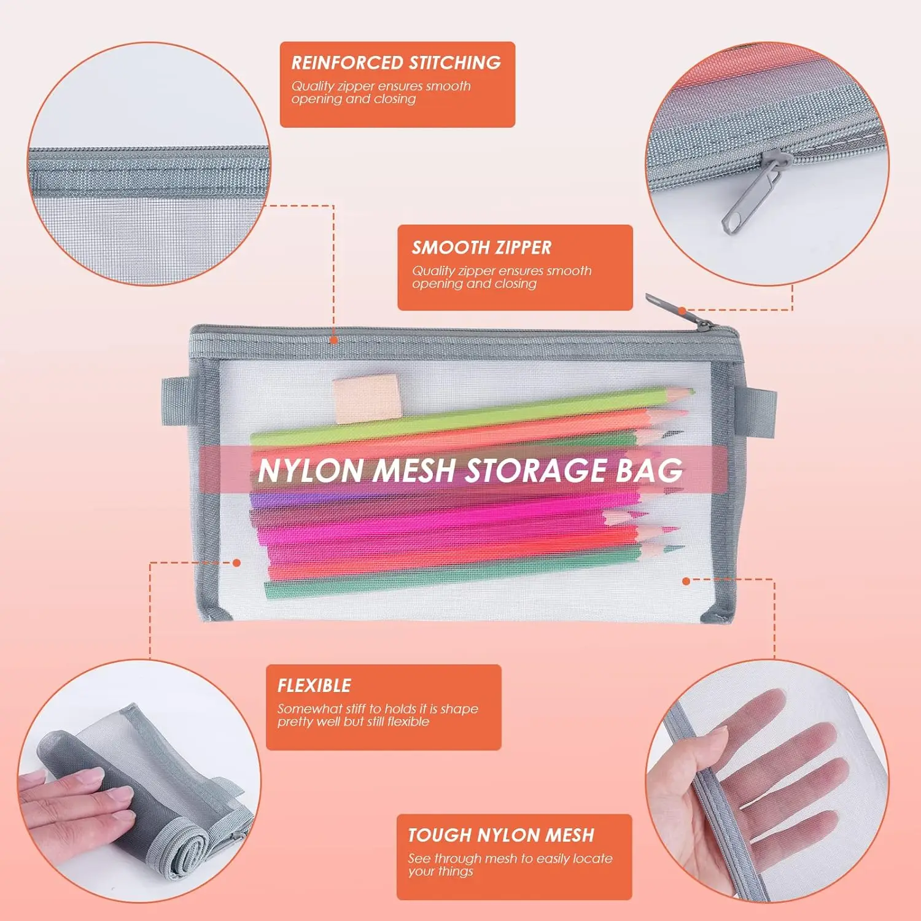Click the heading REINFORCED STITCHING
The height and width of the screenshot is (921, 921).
tap(396, 63)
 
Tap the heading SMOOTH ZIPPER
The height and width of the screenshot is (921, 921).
tap(482, 247)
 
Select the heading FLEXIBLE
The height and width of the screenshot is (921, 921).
tap(314, 685)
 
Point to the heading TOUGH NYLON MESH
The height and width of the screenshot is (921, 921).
tap(501, 835)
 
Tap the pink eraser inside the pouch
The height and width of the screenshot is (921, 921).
tap(367, 399)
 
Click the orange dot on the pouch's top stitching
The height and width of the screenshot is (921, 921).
tap(333, 340)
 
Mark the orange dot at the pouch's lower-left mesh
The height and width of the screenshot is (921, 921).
tap(236, 562)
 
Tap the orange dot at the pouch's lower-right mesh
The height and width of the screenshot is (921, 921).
tap(686, 580)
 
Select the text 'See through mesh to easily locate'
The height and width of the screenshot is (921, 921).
tap(510, 858)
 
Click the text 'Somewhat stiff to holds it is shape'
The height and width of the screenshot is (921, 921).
tap(378, 709)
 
